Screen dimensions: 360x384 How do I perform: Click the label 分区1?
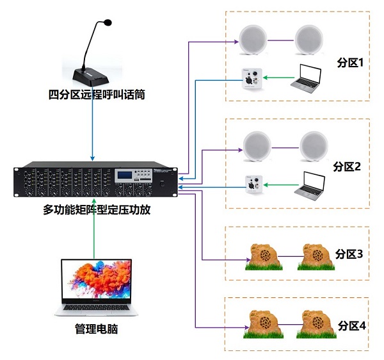pyautogui.click(x=350, y=63)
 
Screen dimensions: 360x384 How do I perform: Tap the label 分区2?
pyautogui.click(x=348, y=167)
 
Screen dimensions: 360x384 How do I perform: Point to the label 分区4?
pyautogui.click(x=351, y=325)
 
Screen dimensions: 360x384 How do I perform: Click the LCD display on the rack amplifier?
pyautogui.click(x=125, y=175)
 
